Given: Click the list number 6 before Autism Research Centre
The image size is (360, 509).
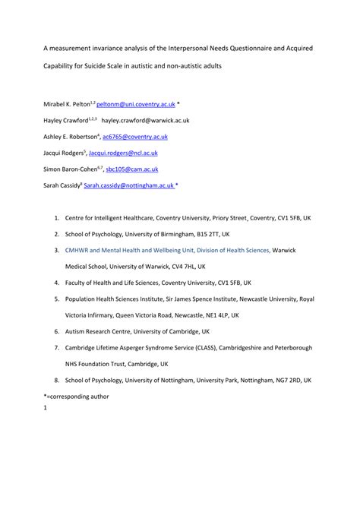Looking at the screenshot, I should (x=56, y=330).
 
